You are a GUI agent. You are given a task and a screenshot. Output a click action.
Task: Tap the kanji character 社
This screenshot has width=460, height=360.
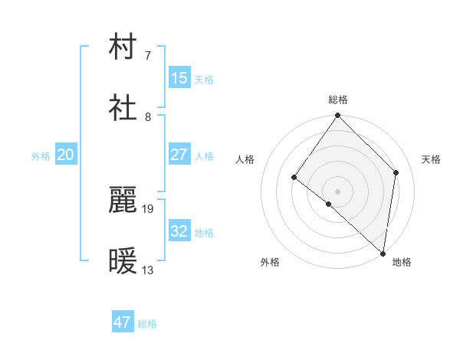124,109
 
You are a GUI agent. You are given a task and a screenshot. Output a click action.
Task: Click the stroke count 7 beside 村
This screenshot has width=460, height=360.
148,55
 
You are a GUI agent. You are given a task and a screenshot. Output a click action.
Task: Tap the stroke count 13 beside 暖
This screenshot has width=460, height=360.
148,270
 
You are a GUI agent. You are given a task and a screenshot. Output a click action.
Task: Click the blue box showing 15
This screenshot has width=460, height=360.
179,78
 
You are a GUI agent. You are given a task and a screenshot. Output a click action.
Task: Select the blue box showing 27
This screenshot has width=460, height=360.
179,155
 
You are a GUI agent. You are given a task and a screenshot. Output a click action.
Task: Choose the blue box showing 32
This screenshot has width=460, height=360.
179,231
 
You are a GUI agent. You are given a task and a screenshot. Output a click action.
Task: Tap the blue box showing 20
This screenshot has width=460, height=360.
65,155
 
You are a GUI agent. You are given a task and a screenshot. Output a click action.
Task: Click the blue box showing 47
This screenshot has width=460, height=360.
123,322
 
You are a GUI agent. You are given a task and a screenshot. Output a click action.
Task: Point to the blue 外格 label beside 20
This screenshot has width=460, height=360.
41,156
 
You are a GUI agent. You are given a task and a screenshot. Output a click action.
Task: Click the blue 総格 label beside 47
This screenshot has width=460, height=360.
147,324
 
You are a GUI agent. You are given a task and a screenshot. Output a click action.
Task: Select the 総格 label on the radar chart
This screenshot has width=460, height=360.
338,100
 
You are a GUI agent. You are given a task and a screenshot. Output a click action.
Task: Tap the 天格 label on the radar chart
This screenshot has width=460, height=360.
432,159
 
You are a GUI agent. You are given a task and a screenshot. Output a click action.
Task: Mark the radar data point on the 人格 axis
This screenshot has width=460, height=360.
294,177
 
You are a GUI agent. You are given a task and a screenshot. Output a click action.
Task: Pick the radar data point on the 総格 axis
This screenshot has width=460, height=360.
338,116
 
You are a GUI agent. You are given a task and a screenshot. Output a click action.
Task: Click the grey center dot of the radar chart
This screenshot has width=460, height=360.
338,191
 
